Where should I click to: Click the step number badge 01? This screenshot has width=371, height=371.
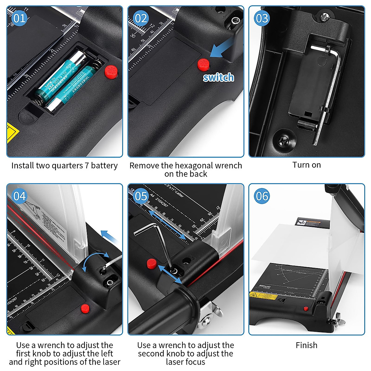[19, 18]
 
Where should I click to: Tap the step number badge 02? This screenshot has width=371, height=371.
[141, 18]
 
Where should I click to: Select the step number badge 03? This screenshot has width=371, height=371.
[262, 18]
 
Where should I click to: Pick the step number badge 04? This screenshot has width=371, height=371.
[19, 196]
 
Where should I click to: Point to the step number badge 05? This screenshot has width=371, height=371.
[141, 196]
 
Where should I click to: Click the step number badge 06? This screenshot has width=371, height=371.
[262, 196]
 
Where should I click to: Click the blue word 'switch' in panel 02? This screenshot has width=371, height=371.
[218, 77]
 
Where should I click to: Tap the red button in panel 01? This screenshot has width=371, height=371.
[110, 71]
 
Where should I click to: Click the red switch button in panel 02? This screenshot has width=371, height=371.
[203, 64]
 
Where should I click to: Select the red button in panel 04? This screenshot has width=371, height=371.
[85, 308]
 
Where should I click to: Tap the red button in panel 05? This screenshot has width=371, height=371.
[151, 263]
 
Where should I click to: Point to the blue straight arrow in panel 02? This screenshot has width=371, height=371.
[221, 49]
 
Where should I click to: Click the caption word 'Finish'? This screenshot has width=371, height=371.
[306, 345]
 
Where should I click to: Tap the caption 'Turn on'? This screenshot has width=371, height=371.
[306, 165]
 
